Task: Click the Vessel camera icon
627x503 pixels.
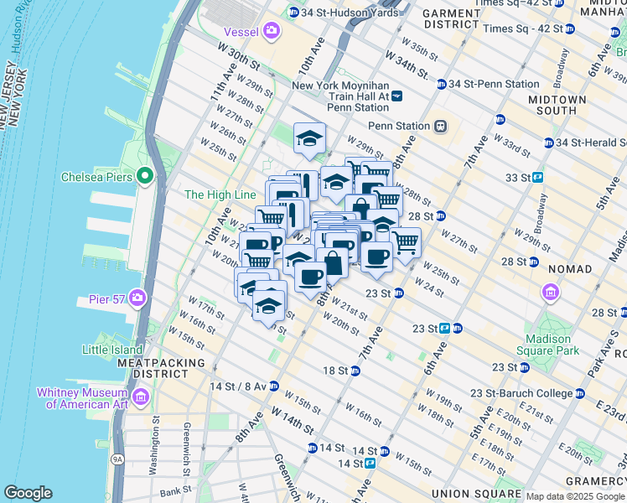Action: (271, 31)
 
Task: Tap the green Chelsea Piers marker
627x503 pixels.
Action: (144, 176)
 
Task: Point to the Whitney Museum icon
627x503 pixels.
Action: (140, 396)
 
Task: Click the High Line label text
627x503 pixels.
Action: (220, 194)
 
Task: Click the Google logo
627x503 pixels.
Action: (28, 493)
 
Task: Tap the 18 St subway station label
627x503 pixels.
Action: (335, 371)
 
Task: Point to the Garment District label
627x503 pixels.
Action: (450, 19)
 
